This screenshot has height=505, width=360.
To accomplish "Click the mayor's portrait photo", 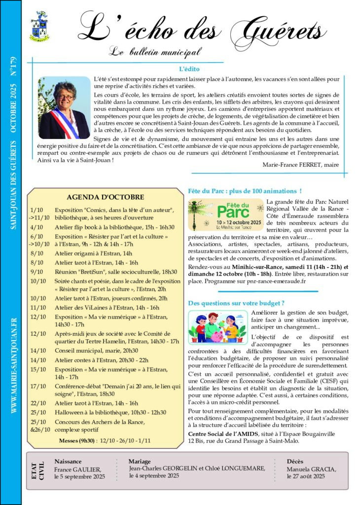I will (x=64, y=108).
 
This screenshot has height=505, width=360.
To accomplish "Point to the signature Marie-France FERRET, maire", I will (x=301, y=165).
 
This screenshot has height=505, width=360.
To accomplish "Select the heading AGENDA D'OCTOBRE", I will (x=106, y=197).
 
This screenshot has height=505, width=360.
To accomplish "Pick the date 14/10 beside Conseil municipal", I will (x=37, y=351).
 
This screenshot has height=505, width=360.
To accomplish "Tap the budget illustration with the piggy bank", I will (x=217, y=327).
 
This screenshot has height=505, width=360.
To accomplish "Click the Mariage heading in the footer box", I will (x=140, y=461).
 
